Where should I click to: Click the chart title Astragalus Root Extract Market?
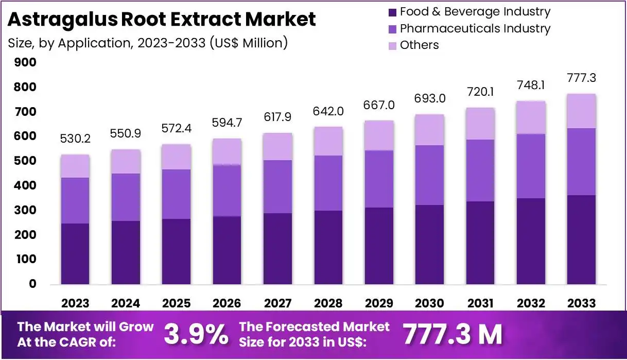[162, 20]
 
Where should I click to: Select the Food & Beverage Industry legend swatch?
[392, 12]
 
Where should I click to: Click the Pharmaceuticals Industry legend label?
[475, 28]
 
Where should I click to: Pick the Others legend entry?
[419, 45]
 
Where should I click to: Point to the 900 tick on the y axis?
[25, 62]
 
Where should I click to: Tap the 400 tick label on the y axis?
[25, 185]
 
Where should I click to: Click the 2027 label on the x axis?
[278, 303]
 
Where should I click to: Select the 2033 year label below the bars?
[581, 303]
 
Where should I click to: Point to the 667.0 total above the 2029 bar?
[379, 105]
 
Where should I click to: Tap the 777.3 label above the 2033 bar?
[581, 78]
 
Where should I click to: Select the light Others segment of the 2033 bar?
[581, 111]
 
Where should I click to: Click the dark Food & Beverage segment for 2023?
[75, 253]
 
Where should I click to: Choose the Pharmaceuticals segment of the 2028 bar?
[328, 183]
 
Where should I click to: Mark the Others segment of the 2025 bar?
[177, 157]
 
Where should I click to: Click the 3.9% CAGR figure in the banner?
[196, 335]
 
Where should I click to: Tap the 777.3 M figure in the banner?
[452, 335]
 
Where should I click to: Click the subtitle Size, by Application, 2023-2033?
[147, 43]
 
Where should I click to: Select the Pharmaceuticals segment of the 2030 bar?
[430, 175]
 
